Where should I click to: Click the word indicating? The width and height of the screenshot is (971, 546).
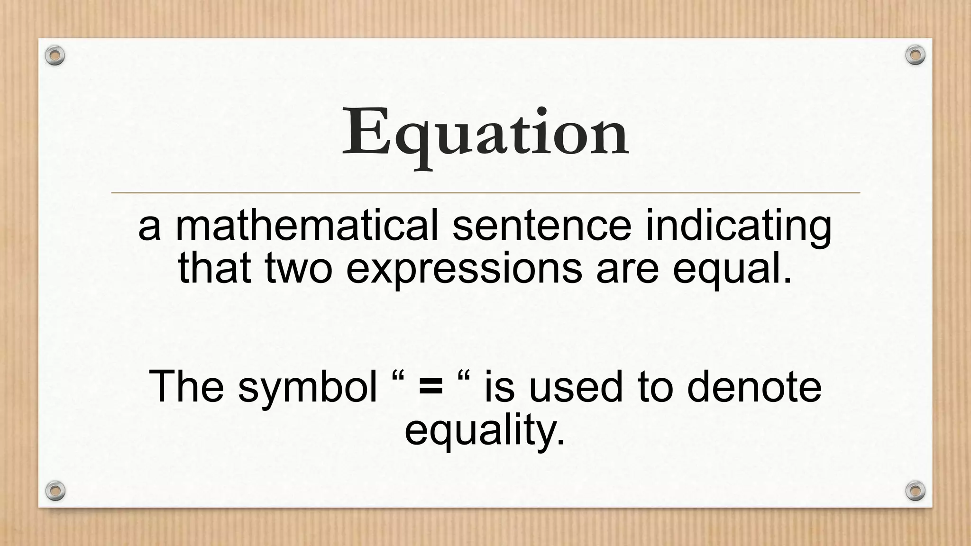738,227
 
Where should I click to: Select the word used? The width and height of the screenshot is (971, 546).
575,387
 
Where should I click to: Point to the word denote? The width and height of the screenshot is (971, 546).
754,387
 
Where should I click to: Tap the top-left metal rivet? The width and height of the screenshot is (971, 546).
55,55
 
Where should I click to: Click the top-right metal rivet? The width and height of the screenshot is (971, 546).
915,55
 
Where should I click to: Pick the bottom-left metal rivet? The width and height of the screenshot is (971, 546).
55,491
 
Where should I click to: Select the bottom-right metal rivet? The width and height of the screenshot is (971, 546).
915,491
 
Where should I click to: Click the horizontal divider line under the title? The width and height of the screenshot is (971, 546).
485,193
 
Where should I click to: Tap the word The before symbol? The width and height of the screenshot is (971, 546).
186,387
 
